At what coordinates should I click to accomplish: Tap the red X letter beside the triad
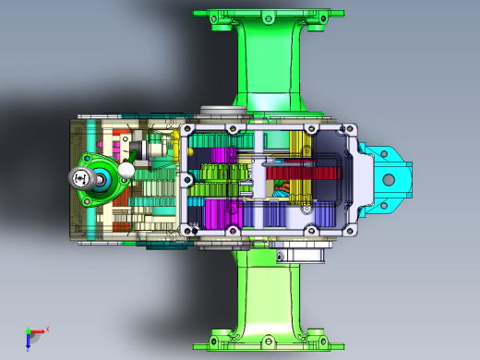tap(47, 328)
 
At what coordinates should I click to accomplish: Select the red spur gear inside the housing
tap(304, 172)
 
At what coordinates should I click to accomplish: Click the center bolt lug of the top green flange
tap(268, 17)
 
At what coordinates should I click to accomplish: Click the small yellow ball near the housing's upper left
tap(174, 136)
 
